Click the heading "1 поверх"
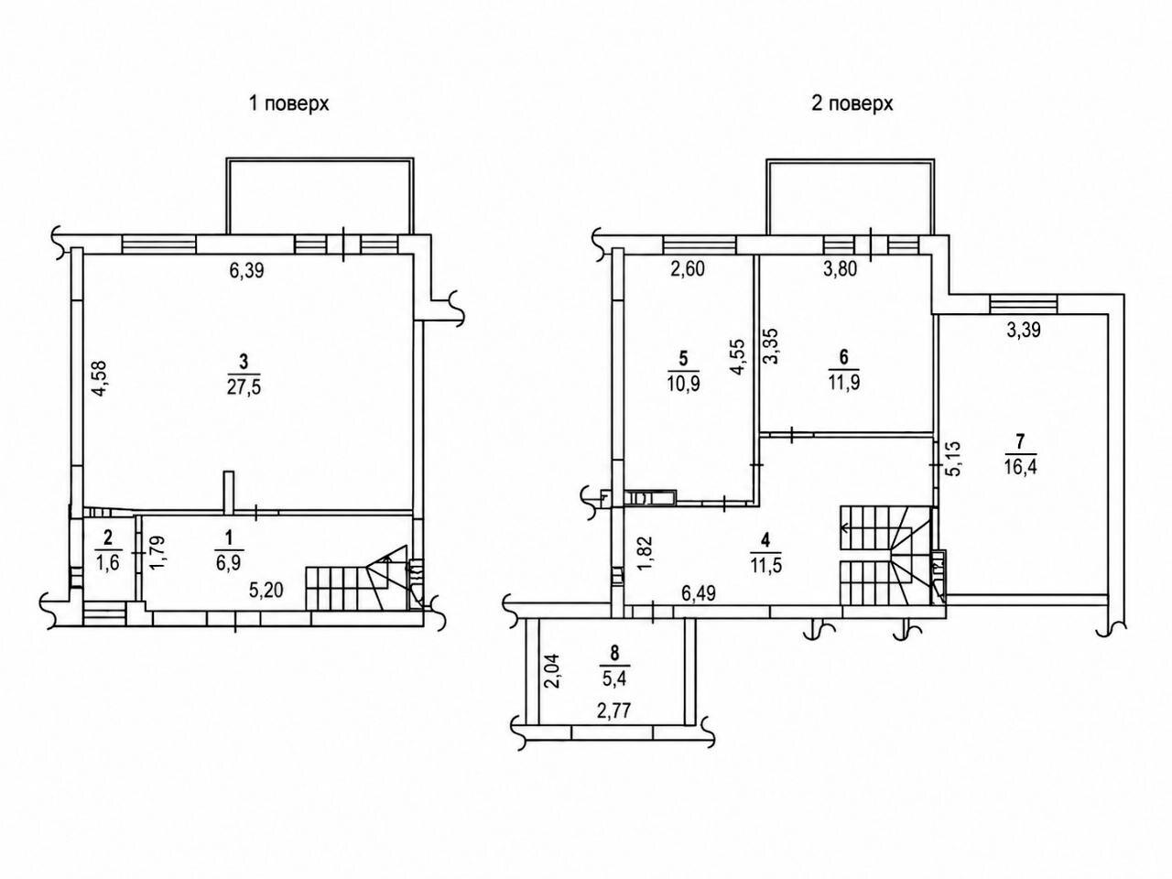[x=289, y=103]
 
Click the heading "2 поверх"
[x=852, y=103]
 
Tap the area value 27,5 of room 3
[x=244, y=387]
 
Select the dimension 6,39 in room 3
[x=246, y=271]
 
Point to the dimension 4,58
[x=101, y=379]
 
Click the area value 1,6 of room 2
[x=108, y=562]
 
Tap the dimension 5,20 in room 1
[x=266, y=591]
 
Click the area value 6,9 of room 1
[x=229, y=562]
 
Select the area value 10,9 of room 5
[x=683, y=383]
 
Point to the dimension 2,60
[x=688, y=269]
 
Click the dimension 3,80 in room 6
[x=840, y=269]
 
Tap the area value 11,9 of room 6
[x=843, y=383]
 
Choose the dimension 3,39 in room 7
[x=1024, y=331]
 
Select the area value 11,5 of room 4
[x=765, y=565]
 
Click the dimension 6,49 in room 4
[x=698, y=593]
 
